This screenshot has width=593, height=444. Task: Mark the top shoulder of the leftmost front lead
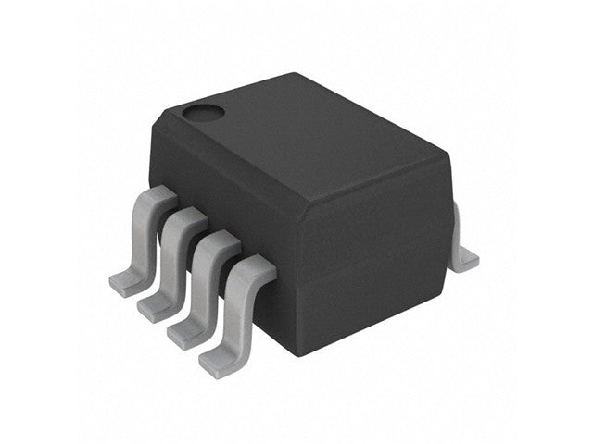(x=159, y=195)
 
